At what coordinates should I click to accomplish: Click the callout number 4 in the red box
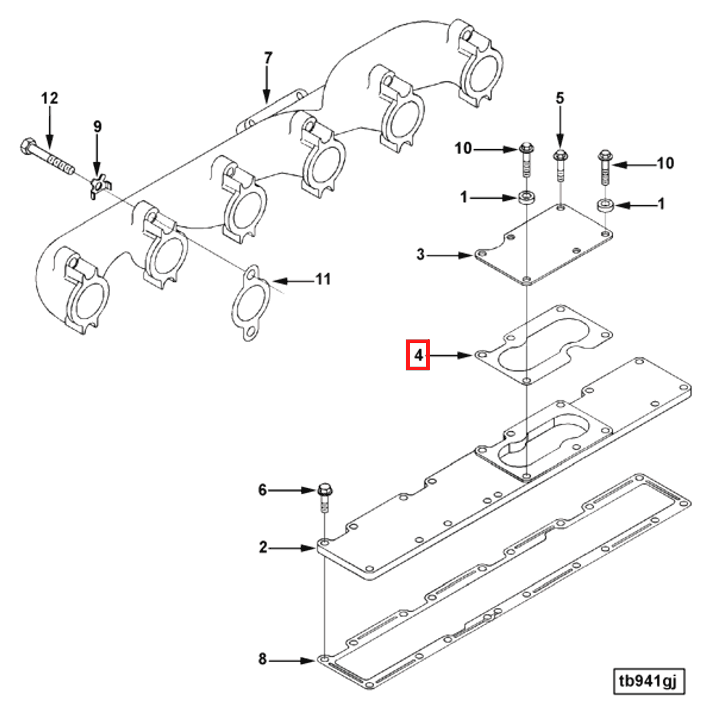419,355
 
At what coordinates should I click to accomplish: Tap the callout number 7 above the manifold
268,58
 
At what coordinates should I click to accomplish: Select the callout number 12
49,98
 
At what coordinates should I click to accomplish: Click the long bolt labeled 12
47,157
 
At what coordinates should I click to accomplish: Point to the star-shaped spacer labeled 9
99,185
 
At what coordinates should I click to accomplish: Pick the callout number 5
560,98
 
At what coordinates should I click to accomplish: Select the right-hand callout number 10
665,163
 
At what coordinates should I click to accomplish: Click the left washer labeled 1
526,198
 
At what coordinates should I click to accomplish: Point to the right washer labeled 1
605,205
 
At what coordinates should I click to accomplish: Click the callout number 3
420,254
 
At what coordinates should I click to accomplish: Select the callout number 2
263,547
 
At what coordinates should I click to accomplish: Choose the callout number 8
263,659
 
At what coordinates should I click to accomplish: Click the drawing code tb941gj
649,681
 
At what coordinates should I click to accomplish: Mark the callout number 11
323,279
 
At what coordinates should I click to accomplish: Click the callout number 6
263,490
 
